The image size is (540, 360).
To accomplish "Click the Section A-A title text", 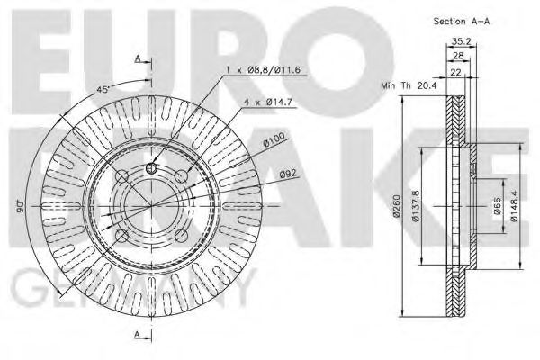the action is (461, 22).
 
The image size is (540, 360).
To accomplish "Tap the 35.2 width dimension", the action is (461, 41).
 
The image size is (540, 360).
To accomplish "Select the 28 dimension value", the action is (458, 56).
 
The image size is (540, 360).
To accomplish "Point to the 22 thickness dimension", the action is (454, 72).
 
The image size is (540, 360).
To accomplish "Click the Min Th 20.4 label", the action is (409, 85).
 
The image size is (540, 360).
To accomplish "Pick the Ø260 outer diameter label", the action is (396, 206).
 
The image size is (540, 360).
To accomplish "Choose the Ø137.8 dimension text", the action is (415, 206).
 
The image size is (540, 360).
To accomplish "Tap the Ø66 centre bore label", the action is (498, 206).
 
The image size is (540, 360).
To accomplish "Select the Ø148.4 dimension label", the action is (514, 206).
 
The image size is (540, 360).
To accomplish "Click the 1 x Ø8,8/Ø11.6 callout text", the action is (263, 70).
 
